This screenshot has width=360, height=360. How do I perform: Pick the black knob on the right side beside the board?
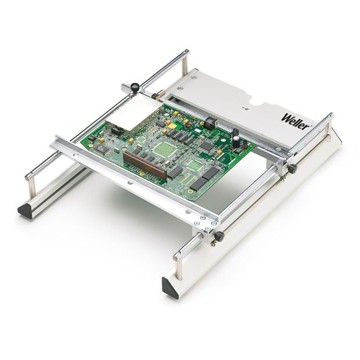pyautogui.click(x=290, y=168)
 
